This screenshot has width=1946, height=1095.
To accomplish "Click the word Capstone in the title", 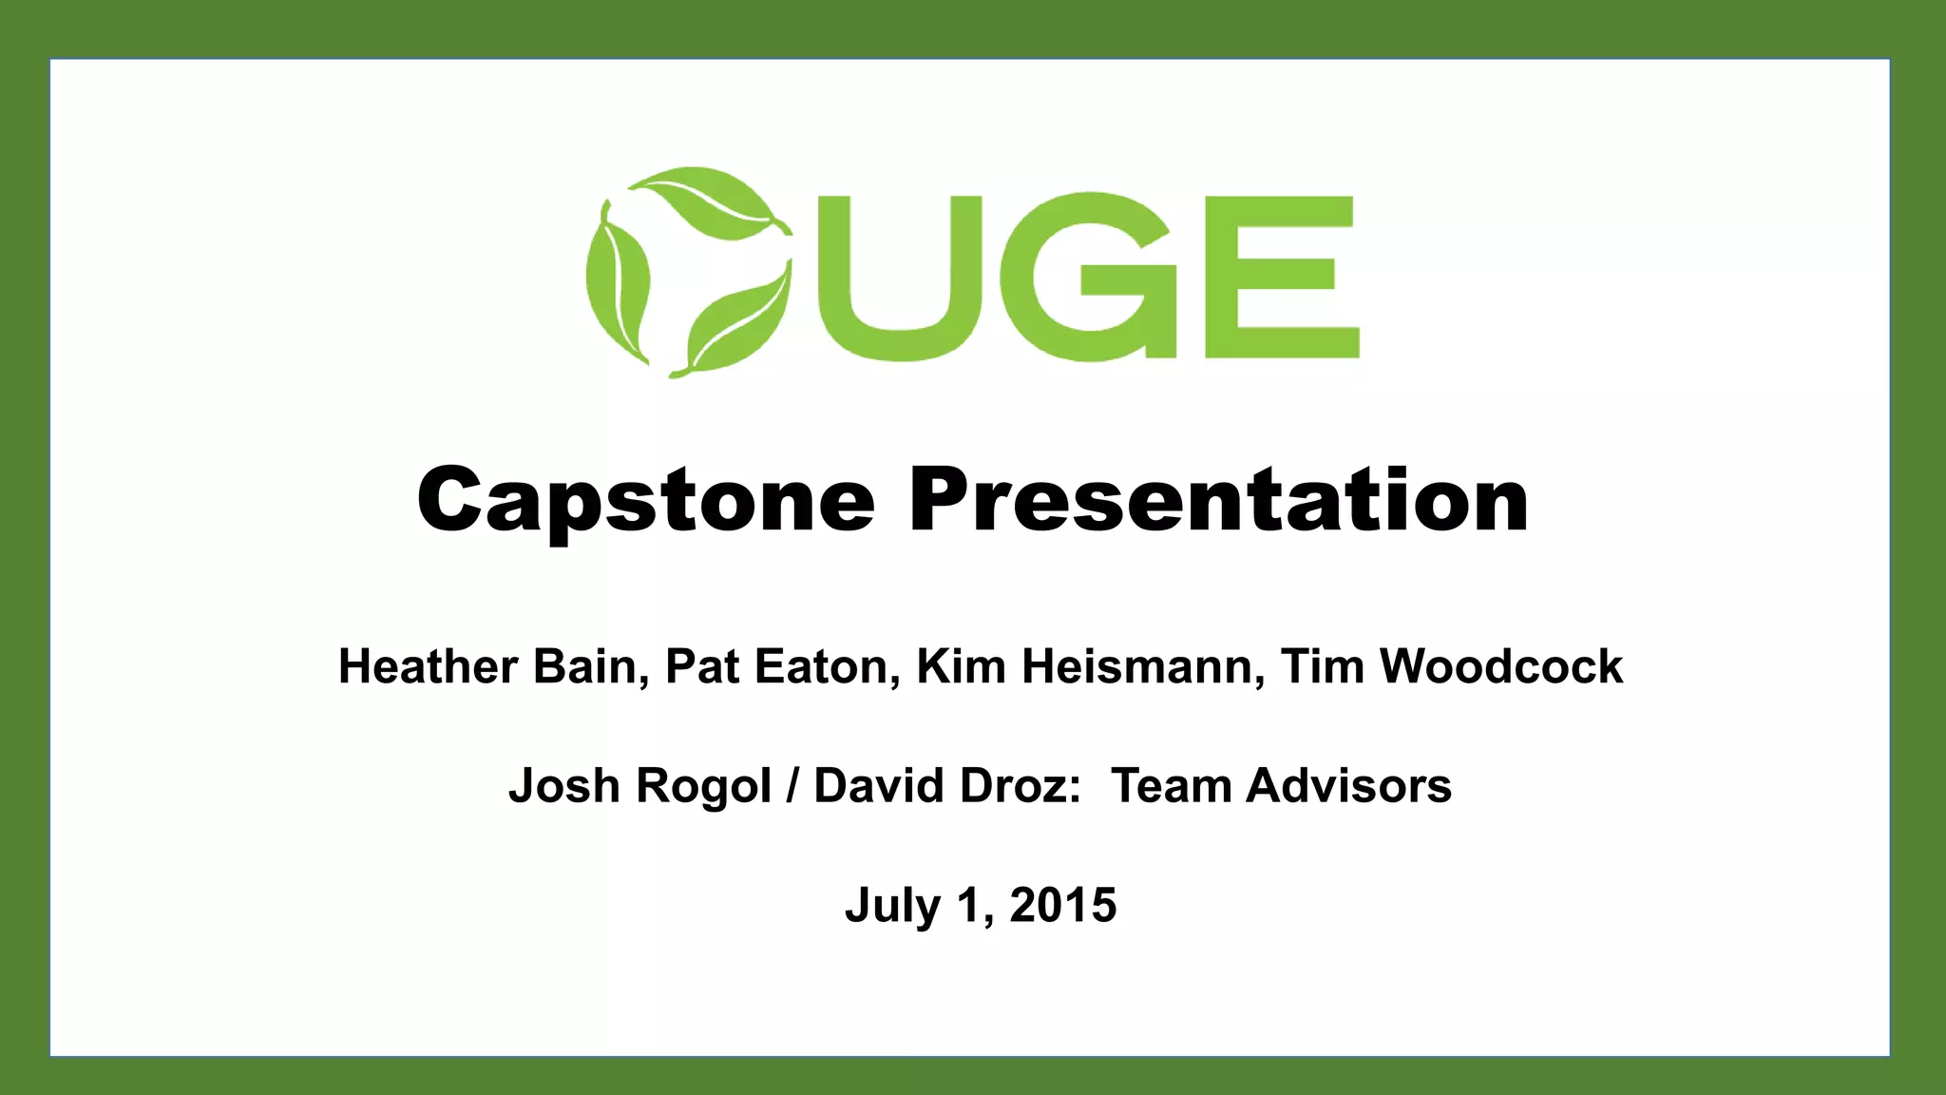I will pyautogui.click(x=645, y=501).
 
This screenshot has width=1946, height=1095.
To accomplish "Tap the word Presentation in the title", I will pyautogui.click(x=1218, y=501).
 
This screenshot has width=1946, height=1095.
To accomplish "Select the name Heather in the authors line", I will pyautogui.click(x=428, y=666).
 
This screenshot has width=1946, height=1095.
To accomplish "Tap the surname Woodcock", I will pyautogui.click(x=1500, y=666).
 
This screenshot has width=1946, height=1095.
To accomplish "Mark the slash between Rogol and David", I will pyautogui.click(x=792, y=786).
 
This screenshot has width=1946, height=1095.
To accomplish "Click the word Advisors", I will pyautogui.click(x=1348, y=786).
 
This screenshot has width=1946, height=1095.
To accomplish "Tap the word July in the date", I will pyautogui.click(x=891, y=906).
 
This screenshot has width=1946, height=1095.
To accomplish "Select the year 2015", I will pyautogui.click(x=1062, y=905).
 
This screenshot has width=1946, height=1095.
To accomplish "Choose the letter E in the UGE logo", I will pyautogui.click(x=1281, y=277).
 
